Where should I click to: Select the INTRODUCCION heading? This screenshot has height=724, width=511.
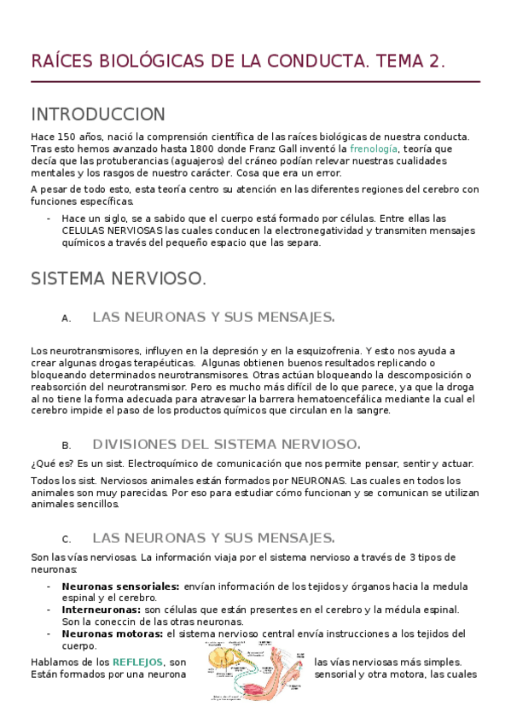click(97, 114)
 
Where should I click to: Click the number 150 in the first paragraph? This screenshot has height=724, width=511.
click(67, 137)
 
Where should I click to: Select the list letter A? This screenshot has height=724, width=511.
click(66, 318)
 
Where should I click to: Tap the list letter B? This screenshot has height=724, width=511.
click(66, 446)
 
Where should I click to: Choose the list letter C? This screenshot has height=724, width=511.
click(66, 540)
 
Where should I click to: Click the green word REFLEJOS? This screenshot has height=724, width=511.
click(138, 663)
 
